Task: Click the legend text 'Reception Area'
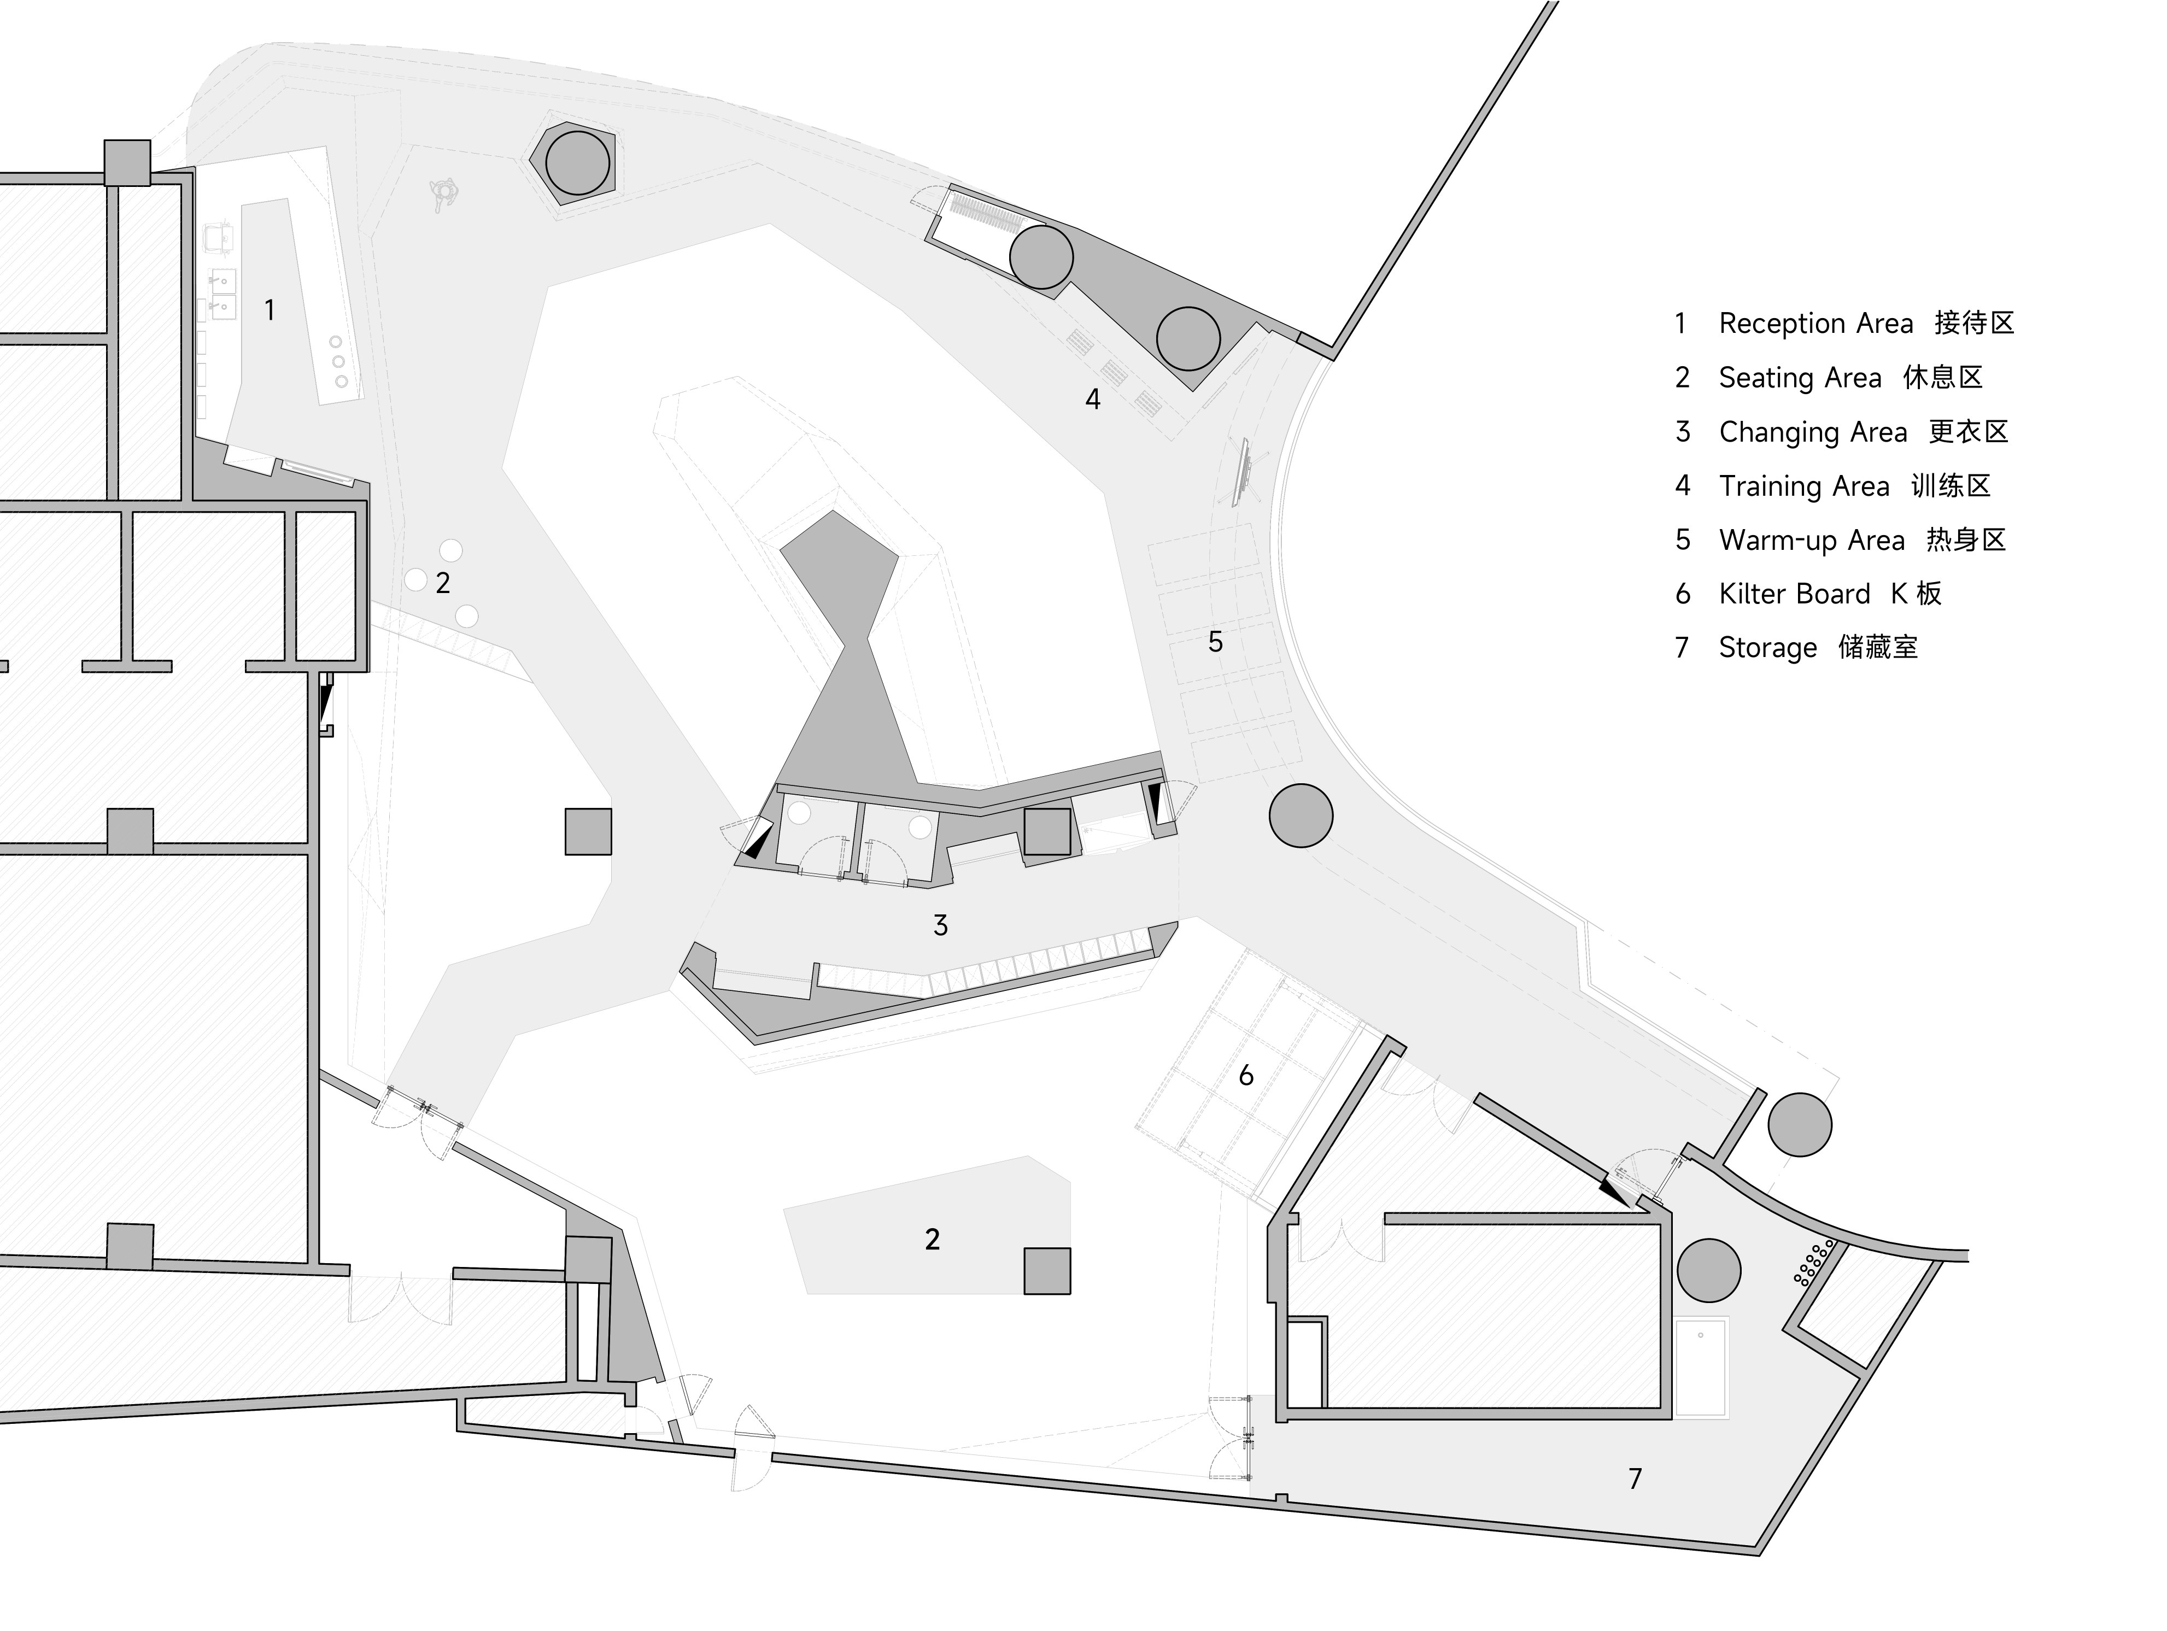tap(1815, 323)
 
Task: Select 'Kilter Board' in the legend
tap(1794, 594)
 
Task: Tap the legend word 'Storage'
tap(1767, 648)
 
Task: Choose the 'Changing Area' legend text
tap(1812, 432)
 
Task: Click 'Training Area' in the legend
tap(1803, 486)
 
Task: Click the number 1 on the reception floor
tap(270, 310)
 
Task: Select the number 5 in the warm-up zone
tap(1215, 642)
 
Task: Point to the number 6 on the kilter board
tap(1245, 1076)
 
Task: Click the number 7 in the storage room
tap(1634, 1479)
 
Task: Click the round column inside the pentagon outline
tap(577, 163)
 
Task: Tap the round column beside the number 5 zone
tap(1300, 815)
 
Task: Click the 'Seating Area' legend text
tap(1800, 378)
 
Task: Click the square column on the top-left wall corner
tap(127, 162)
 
